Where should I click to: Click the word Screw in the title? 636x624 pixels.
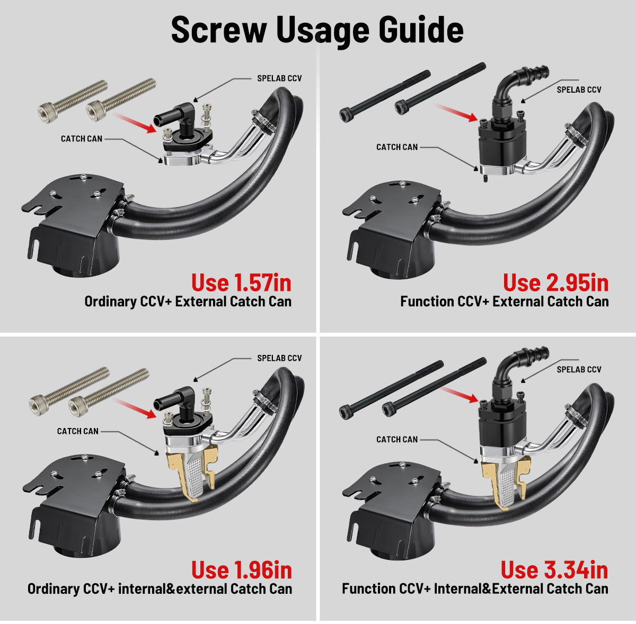pos(219,29)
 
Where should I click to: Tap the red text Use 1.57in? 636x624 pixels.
pos(241,283)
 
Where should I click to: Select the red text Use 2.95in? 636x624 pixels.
pos(556,283)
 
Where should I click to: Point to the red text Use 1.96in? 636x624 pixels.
pos(242,570)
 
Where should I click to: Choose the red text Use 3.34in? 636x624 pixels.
pos(554,570)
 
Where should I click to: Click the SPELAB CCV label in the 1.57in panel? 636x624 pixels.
pos(279,78)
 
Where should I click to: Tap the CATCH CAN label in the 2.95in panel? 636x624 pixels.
pos(397,147)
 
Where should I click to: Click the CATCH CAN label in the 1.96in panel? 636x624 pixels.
pos(77,431)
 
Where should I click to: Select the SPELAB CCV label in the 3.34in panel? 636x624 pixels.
pos(579,369)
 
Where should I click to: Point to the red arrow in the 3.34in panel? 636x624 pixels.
pos(459,395)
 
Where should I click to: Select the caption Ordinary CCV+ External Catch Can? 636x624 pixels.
pos(188,301)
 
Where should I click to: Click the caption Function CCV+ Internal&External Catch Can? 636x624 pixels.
pos(475,589)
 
